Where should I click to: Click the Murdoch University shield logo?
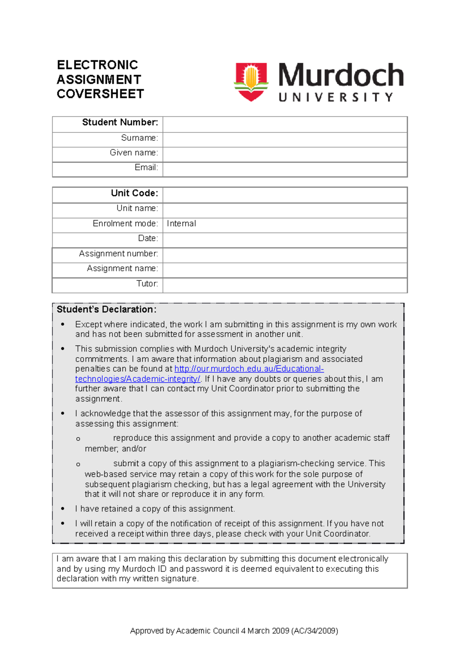click(251, 82)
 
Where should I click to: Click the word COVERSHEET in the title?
click(100, 94)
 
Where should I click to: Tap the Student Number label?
click(120, 123)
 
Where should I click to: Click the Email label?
click(146, 168)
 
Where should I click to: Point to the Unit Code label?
click(134, 193)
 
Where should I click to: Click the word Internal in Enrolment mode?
click(181, 224)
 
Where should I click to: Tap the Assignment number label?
click(118, 254)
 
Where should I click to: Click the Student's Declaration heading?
click(106, 310)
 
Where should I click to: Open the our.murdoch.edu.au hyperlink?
click(249, 369)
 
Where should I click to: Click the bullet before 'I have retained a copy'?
click(63, 509)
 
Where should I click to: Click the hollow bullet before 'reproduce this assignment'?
click(78, 439)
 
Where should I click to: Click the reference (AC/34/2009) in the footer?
click(314, 631)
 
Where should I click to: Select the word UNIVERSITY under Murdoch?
click(336, 97)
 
